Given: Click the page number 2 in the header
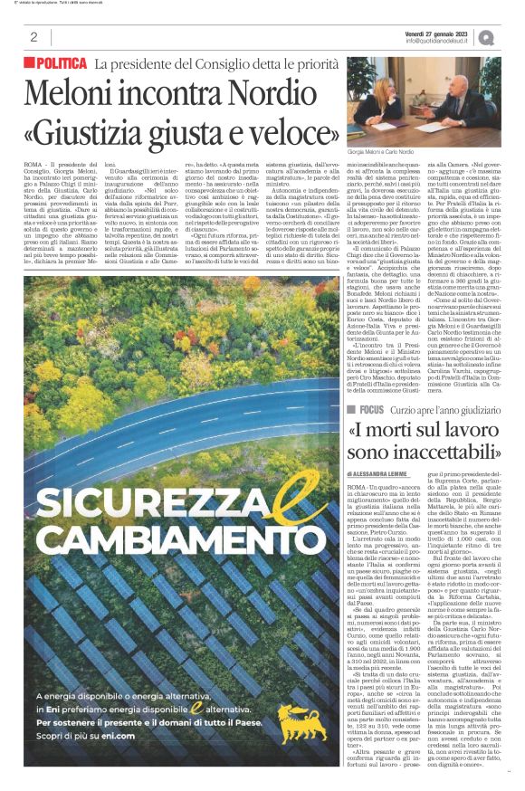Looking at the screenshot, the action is (33, 37).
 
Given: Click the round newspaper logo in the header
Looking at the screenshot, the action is (511, 37).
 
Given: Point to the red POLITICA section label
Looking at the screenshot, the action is (61, 63).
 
